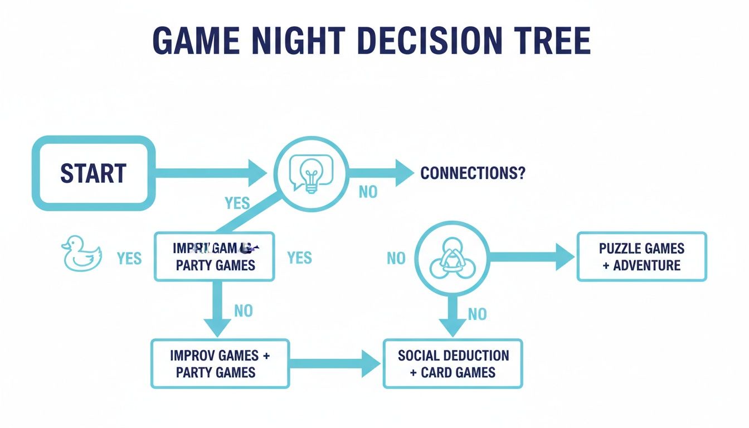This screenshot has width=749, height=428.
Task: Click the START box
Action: tap(93, 173)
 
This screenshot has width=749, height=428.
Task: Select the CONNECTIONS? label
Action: tap(473, 173)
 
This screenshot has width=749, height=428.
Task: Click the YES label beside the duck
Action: tap(129, 258)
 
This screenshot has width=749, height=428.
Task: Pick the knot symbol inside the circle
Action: tap(452, 257)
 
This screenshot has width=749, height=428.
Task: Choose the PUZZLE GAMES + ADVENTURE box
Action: tap(641, 257)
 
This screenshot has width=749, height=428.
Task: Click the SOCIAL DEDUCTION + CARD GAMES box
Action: tap(453, 363)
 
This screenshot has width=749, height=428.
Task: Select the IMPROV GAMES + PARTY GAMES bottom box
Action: tap(220, 363)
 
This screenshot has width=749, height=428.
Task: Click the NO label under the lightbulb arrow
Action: tap(368, 192)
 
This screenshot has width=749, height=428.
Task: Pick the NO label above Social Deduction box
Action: tap(477, 314)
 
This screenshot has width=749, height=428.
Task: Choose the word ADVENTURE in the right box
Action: tap(646, 265)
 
